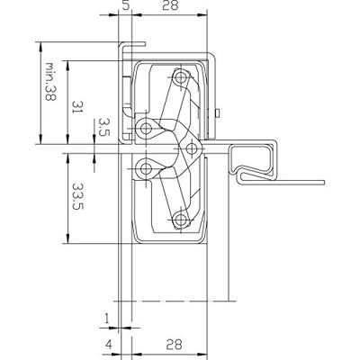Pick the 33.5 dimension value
78,195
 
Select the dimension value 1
106,317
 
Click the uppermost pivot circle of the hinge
181,78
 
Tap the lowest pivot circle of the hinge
181,217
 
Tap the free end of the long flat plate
321,182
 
